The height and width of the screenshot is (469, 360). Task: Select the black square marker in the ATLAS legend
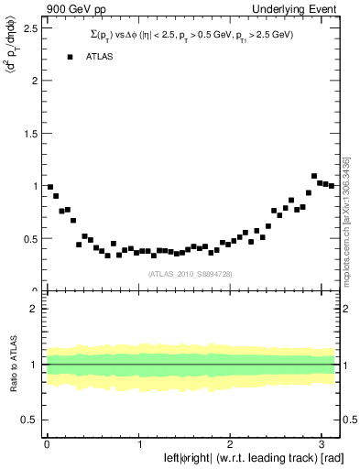pos(70,57)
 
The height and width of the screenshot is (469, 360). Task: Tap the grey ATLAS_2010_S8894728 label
pos(191,274)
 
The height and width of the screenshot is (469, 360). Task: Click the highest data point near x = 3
pos(314,176)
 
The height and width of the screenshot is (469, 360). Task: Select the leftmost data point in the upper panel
pos(50,187)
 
